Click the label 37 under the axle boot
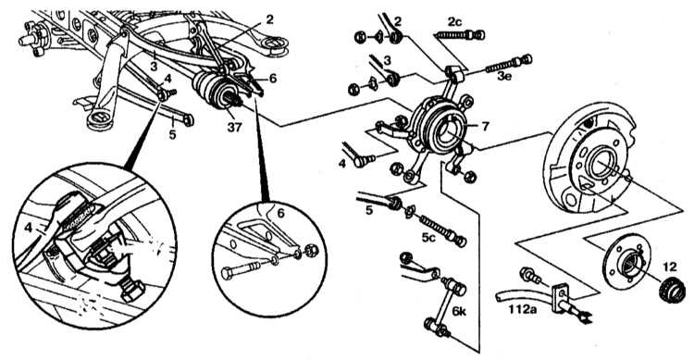pos(235,127)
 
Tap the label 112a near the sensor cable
pos(523,309)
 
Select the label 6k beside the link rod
pos(459,311)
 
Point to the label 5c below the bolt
pos(428,238)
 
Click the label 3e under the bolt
pos(504,76)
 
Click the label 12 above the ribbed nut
pos(670,267)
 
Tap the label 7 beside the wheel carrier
pos(485,127)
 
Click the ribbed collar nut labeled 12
pos(672,291)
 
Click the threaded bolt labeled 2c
pos(460,34)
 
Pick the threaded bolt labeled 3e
pos(509,64)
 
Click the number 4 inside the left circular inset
pos(29,228)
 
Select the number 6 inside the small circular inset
pos(280,213)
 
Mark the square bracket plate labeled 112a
pos(560,292)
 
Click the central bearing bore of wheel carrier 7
pos(447,132)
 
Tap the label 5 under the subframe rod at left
pos(173,134)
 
